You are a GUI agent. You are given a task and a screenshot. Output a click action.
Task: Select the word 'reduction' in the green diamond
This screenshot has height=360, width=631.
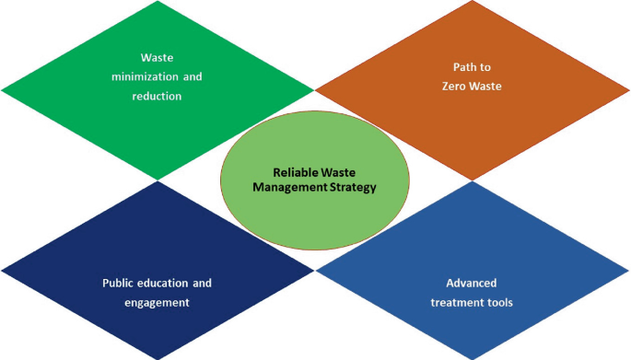[x=157, y=95]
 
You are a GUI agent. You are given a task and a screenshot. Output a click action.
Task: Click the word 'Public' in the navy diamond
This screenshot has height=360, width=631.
[x=119, y=283]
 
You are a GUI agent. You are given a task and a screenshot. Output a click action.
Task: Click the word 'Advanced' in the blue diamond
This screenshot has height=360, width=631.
[x=472, y=283]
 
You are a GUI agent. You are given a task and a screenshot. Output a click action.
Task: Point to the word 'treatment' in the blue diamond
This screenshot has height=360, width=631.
[x=458, y=301]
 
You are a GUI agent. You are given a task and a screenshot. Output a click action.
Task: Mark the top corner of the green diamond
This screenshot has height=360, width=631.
[x=158, y=3]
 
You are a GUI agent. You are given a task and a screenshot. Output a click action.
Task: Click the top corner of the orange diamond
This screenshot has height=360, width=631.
[x=473, y=3]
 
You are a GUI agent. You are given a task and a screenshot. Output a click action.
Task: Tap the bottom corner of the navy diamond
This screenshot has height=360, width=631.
[x=158, y=358]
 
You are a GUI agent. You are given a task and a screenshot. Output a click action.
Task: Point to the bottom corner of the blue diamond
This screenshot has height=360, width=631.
[x=473, y=358]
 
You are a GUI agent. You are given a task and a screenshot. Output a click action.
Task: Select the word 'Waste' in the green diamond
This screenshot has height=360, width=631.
[x=157, y=57]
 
